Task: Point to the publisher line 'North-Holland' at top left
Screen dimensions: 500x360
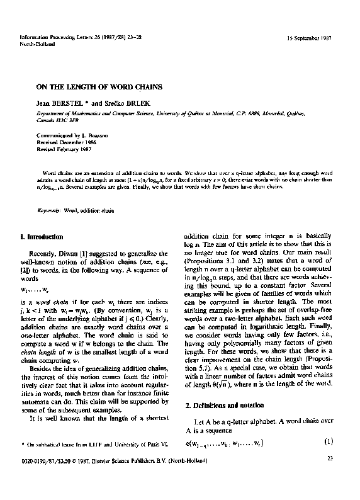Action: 35,45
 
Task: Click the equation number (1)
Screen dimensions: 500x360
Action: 328,441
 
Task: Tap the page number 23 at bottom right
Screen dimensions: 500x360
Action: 330,476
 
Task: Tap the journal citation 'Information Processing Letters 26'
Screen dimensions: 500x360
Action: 69,39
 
